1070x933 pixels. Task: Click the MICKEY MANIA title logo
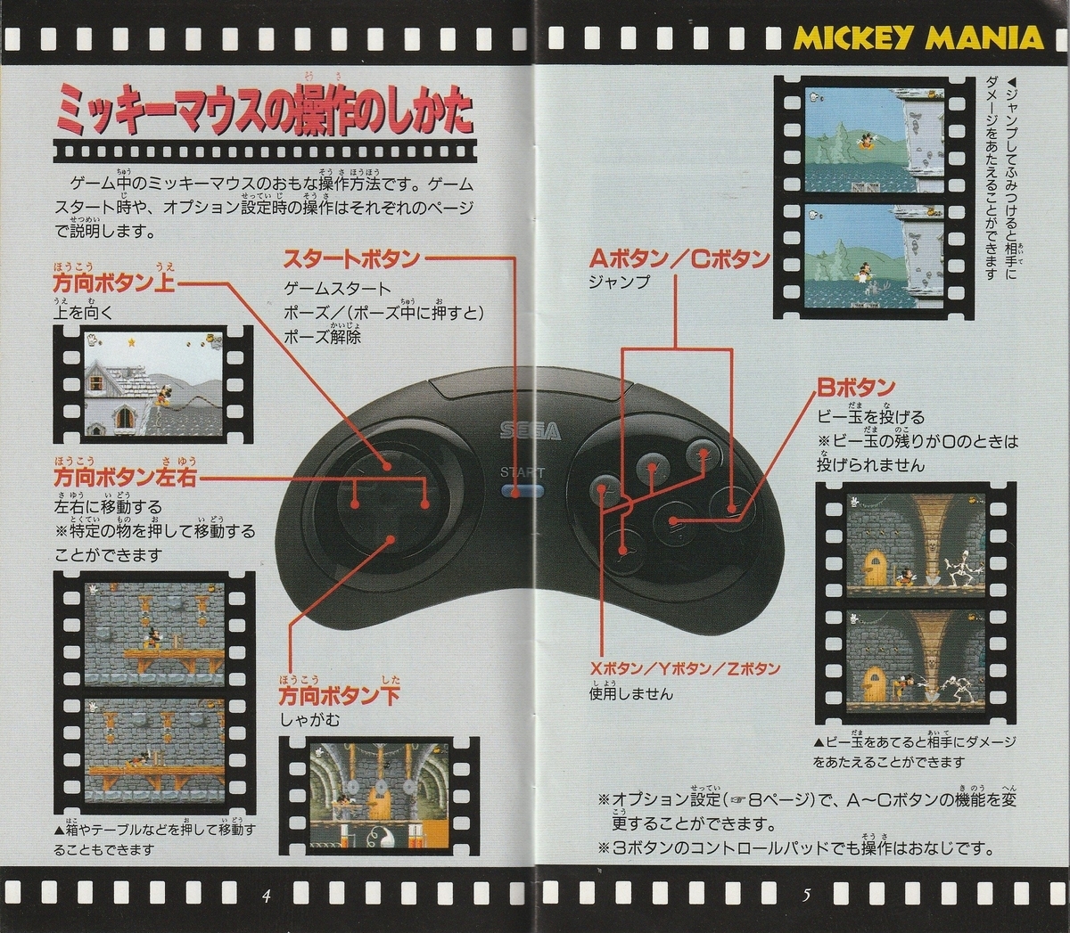pyautogui.click(x=918, y=37)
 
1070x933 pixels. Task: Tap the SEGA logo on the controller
pyautogui.click(x=530, y=431)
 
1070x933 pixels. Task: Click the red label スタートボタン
pyautogui.click(x=351, y=259)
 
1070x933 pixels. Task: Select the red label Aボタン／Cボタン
pyautogui.click(x=679, y=259)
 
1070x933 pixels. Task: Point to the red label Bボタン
pyautogui.click(x=856, y=389)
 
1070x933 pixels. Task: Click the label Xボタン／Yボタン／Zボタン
pyautogui.click(x=684, y=669)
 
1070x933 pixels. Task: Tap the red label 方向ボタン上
pyautogui.click(x=114, y=283)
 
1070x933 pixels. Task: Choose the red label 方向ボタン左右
pyautogui.click(x=124, y=479)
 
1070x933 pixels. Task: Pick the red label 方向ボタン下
pyautogui.click(x=339, y=695)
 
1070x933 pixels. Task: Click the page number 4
pyautogui.click(x=266, y=896)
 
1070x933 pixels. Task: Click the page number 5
pyautogui.click(x=806, y=896)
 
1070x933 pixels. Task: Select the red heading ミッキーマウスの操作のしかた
pyautogui.click(x=264, y=111)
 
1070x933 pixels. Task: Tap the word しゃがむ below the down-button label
pyautogui.click(x=310, y=719)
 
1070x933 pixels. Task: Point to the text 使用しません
pyautogui.click(x=631, y=693)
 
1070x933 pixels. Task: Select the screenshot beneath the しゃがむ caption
pyautogui.click(x=380, y=793)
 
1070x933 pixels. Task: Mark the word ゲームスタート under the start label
pyautogui.click(x=337, y=289)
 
